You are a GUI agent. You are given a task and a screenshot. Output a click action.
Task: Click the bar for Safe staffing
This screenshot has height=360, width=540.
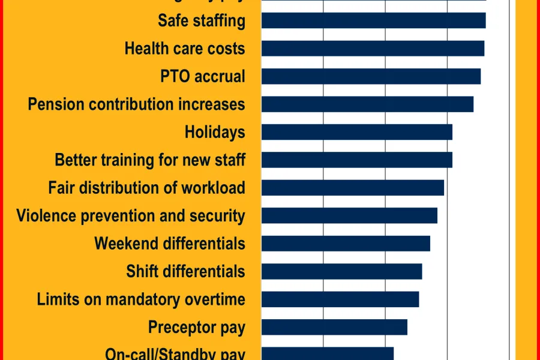click(373, 20)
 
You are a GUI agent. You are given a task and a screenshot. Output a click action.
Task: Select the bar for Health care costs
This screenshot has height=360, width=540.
click(373, 49)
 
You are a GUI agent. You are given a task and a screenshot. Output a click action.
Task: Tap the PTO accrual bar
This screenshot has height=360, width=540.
click(371, 76)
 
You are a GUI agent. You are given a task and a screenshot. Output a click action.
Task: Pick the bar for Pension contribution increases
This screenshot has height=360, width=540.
click(367, 104)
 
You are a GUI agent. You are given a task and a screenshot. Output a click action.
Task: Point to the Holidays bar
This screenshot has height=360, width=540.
click(356, 132)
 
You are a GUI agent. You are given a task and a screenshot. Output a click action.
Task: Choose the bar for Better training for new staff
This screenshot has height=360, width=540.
click(356, 160)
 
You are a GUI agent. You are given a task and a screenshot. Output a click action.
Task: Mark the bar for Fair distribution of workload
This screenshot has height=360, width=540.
click(352, 188)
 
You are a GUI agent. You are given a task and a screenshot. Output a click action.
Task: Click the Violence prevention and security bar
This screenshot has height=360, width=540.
click(349, 215)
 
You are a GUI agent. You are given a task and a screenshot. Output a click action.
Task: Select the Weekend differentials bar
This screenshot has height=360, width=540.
click(346, 243)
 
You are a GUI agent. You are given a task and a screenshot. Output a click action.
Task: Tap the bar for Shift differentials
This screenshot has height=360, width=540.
click(341, 271)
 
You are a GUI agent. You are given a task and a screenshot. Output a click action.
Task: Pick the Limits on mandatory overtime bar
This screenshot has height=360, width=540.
click(340, 299)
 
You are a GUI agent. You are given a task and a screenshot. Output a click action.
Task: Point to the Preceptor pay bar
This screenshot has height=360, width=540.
click(334, 327)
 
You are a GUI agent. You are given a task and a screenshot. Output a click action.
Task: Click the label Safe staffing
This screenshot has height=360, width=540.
click(202, 21)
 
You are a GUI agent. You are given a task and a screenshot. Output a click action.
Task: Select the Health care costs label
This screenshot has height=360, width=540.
click(185, 49)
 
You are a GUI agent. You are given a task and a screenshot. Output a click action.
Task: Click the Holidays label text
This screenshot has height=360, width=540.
click(215, 133)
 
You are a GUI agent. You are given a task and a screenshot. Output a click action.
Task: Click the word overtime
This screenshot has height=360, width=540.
click(215, 299)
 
